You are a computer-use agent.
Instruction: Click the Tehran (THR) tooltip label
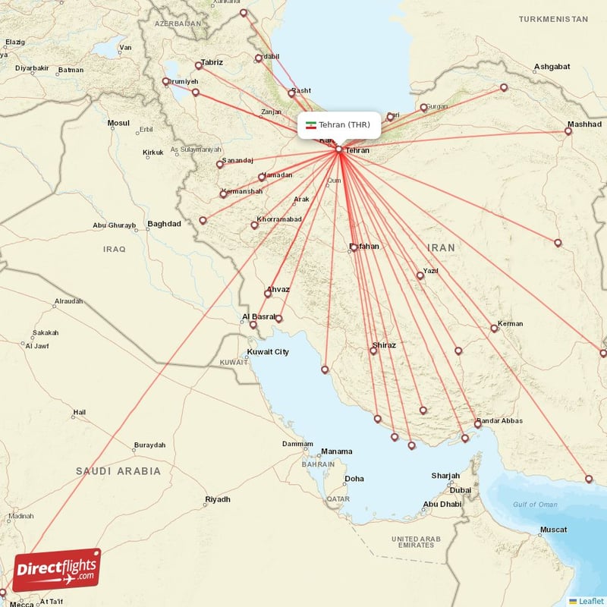point(338,125)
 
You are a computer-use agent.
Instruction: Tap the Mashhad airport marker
point(568,131)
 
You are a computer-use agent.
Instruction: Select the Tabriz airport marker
point(199,65)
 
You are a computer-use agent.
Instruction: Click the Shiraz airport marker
point(373,350)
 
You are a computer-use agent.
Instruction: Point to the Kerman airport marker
point(494,329)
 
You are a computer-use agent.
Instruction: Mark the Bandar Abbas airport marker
point(478,424)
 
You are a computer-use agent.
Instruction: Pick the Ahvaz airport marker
point(268,294)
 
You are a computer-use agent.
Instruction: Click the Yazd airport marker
point(420,275)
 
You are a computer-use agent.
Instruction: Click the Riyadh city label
point(218,499)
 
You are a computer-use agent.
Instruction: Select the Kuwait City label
point(268,352)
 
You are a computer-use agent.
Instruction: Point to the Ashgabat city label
point(552,67)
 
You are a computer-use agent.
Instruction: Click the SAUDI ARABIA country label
point(118,471)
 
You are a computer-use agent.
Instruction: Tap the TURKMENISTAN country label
point(553,18)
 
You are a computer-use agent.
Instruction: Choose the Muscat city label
point(553,529)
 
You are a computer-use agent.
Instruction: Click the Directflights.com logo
point(57,570)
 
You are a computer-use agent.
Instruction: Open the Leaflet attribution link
point(590,601)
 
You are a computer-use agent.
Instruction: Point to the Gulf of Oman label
point(535,505)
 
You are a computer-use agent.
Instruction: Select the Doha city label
point(354,479)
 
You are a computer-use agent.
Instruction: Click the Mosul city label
point(118,122)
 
